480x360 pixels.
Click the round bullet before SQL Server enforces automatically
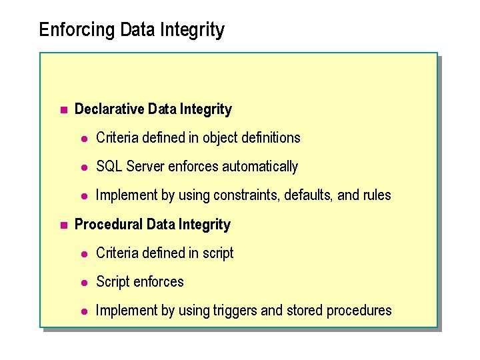(84, 167)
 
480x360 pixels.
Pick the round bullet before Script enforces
(84, 282)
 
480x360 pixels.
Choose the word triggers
(233, 310)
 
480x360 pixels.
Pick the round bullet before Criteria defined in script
(84, 253)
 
